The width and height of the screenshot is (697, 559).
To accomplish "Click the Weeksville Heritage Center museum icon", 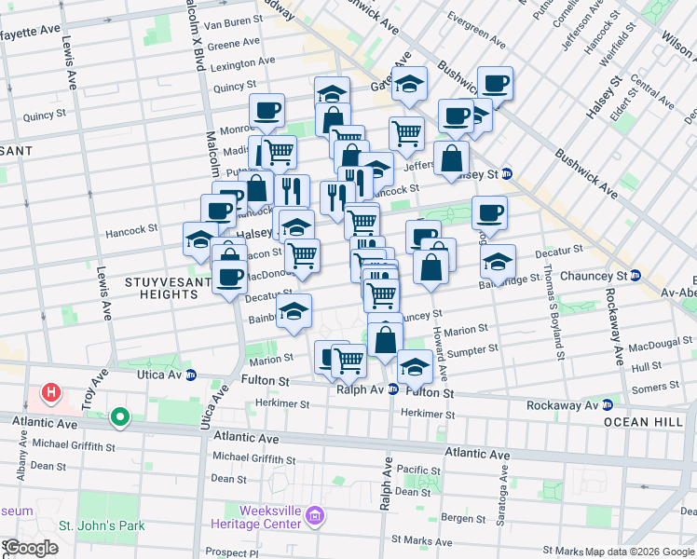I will [315, 515].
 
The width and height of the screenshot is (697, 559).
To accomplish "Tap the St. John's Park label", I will [102, 525].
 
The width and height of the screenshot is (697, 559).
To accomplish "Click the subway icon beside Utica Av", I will [191, 375].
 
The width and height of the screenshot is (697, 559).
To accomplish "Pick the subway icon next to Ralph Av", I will [393, 389].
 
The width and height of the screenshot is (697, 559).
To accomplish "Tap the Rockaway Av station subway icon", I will [608, 404].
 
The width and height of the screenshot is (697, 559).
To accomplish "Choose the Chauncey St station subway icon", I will [635, 276].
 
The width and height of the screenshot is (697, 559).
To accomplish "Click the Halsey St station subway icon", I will [506, 173].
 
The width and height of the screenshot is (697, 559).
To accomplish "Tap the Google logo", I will [30, 548].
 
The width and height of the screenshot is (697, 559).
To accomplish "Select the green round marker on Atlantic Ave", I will [119, 417].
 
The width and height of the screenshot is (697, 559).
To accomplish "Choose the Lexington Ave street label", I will [242, 65].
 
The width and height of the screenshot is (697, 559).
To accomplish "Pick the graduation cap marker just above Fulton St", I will [415, 366].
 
